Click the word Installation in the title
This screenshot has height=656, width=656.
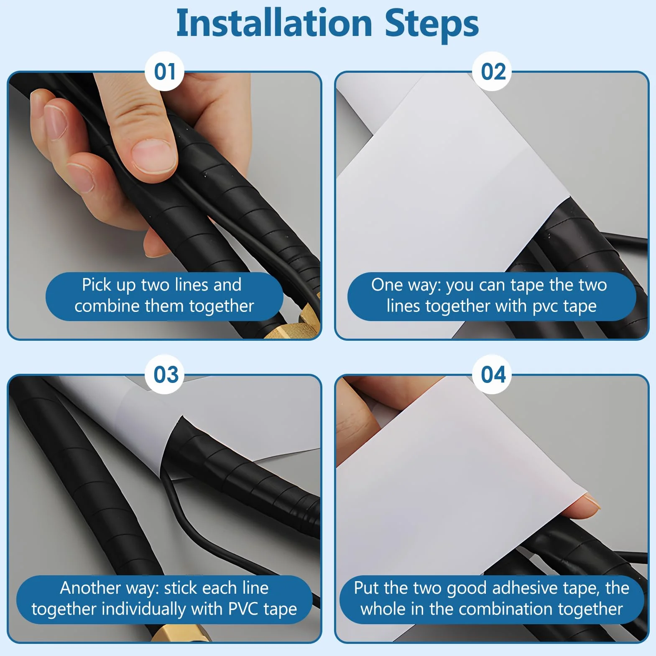[274, 23]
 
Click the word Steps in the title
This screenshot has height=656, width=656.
[431, 24]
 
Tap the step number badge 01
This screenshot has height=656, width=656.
[164, 71]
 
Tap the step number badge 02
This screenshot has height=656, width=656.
[493, 71]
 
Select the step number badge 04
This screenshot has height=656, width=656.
[493, 374]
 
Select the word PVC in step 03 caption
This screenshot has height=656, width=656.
[243, 609]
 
